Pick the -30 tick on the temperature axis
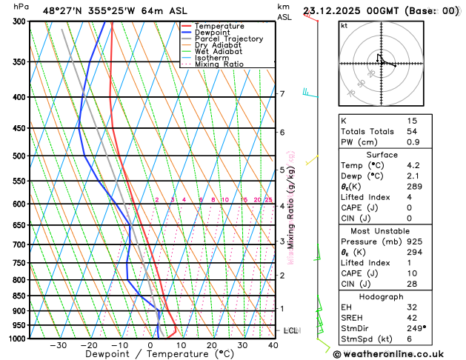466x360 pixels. pos(58,345)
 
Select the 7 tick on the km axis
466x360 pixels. pos(282,94)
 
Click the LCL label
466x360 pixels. pos(291,330)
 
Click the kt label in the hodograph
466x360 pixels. pos(344,25)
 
